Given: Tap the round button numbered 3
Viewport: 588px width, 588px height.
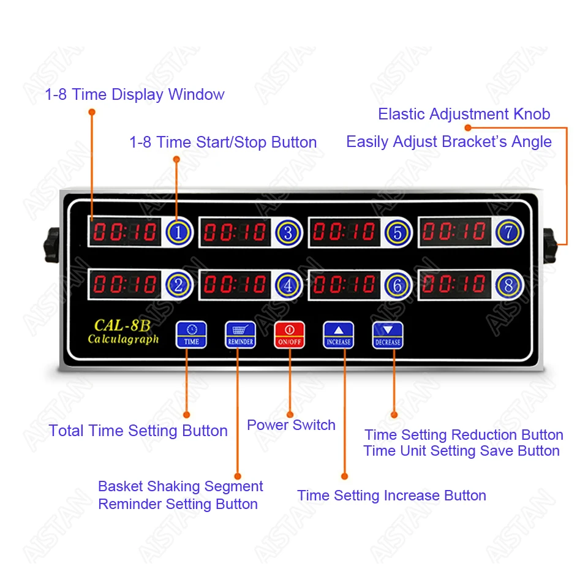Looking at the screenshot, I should (288, 232).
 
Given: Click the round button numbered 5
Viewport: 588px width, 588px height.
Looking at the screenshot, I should (397, 232).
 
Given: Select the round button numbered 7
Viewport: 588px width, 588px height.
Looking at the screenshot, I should (508, 232).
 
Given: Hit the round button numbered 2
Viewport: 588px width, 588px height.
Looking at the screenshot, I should (178, 285).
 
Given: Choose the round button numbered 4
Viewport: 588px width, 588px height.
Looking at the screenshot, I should (288, 285).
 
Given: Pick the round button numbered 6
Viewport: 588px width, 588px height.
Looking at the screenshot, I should (397, 285).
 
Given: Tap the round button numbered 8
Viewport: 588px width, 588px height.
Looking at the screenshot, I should (508, 285).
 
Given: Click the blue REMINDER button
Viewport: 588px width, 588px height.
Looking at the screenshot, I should (240, 335).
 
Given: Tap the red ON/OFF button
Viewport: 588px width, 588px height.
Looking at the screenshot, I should (289, 335).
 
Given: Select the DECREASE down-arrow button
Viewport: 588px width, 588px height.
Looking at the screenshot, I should (387, 335).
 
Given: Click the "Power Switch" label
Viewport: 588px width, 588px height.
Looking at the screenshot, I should (291, 425).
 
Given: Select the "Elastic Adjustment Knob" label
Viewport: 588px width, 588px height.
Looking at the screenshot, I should (464, 114).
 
